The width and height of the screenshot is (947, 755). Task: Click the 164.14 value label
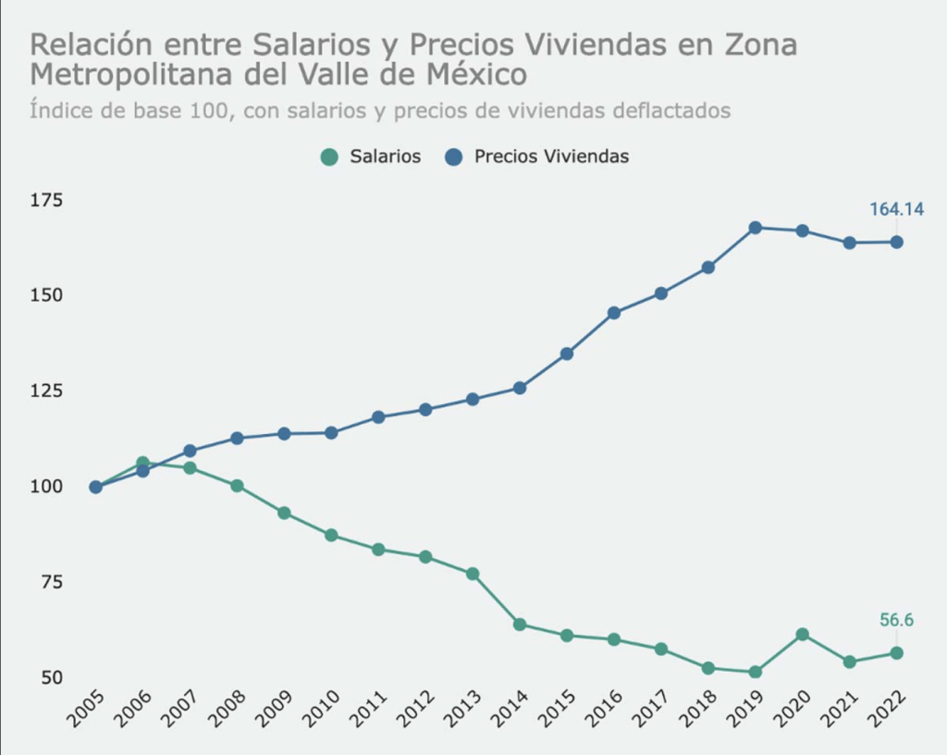pyautogui.click(x=896, y=209)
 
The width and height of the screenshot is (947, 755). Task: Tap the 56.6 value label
pyautogui.click(x=896, y=620)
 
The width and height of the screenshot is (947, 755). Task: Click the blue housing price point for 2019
pyautogui.click(x=755, y=228)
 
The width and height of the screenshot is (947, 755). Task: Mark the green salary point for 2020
pyautogui.click(x=802, y=635)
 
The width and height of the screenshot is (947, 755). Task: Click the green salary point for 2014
pyautogui.click(x=519, y=625)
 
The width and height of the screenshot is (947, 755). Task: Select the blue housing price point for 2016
pyautogui.click(x=613, y=313)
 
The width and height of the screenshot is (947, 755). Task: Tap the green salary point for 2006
pyautogui.click(x=142, y=463)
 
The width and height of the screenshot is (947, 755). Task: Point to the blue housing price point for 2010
pyautogui.click(x=331, y=432)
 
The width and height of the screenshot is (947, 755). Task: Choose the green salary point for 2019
pyautogui.click(x=755, y=672)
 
